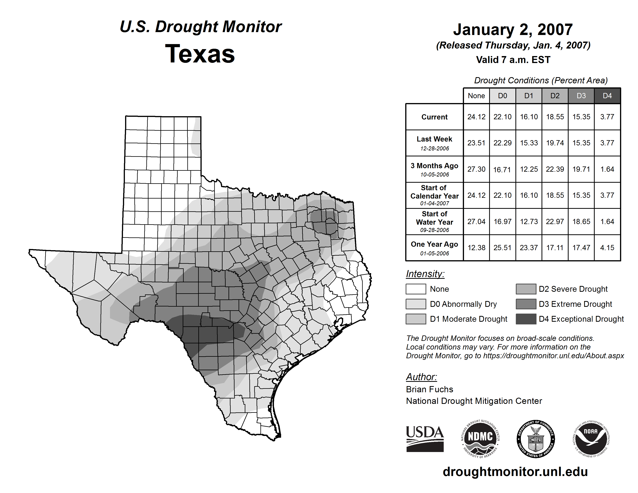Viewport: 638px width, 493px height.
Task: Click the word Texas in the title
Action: coord(200,54)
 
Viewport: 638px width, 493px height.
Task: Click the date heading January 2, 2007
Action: coord(513,30)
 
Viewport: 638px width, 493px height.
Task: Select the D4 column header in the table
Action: coord(607,96)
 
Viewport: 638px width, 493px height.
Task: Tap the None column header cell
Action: coord(476,96)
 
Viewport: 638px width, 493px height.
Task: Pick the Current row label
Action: coord(434,117)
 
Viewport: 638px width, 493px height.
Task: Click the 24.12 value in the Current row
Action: coord(476,117)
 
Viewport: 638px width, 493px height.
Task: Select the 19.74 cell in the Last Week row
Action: coord(555,143)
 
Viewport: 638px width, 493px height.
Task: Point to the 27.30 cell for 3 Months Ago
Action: coord(476,169)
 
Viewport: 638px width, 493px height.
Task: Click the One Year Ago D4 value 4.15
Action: coord(607,248)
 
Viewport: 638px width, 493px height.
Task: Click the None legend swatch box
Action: coord(416,289)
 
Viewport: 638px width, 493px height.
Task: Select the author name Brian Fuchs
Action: coord(429,389)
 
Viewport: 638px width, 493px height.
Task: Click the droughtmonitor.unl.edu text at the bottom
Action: coord(515,472)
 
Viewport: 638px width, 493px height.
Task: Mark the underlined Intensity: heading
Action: coord(425,274)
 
